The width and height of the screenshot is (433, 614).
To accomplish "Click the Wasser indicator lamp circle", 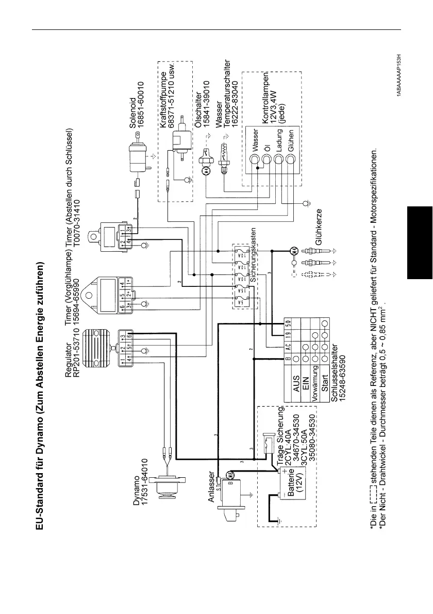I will click(254, 161).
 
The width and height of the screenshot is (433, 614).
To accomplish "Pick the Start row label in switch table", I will click(325, 391).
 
